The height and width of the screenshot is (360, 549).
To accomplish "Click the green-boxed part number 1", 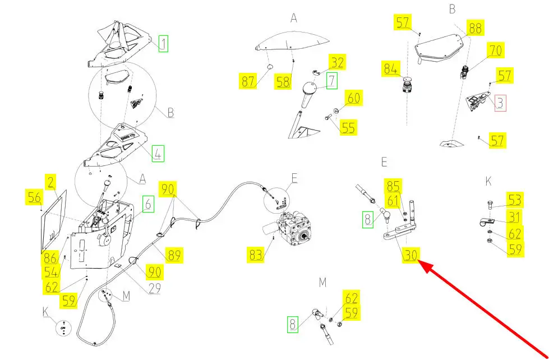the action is [163, 43].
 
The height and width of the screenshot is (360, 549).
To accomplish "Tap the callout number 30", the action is [410, 256].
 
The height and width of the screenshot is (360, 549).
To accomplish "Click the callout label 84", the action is [391, 70].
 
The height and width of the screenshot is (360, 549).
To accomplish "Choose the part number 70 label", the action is [495, 50].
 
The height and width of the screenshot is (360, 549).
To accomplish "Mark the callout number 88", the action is [475, 28].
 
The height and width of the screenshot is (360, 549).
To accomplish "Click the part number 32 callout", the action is [338, 62].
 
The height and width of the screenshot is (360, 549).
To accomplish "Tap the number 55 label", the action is [348, 128].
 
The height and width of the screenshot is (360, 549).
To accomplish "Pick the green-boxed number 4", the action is [159, 153].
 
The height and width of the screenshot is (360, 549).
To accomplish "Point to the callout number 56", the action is [34, 197].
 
